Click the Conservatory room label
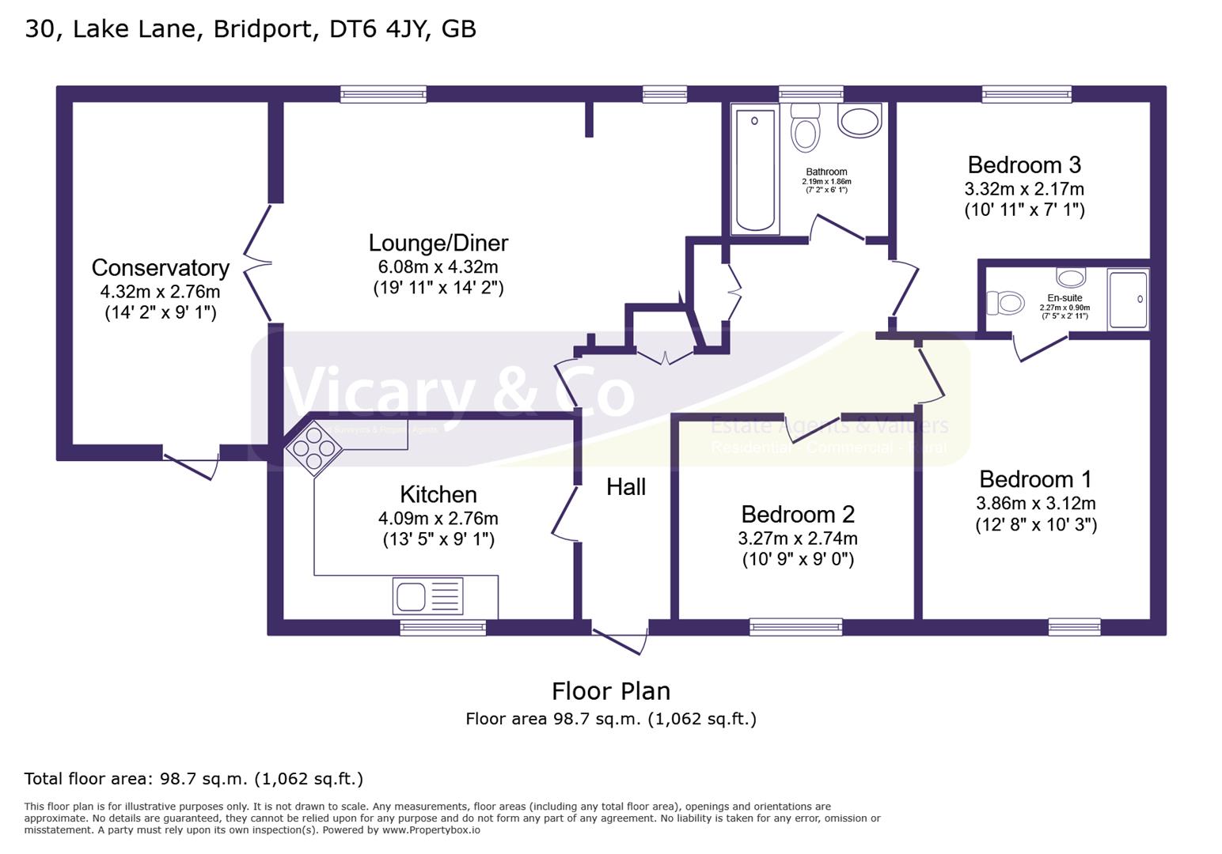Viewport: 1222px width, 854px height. tap(160, 268)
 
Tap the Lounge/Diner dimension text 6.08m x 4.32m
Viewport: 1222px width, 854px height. tap(438, 267)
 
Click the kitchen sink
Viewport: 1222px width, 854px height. tap(427, 596)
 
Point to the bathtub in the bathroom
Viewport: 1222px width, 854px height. tap(755, 170)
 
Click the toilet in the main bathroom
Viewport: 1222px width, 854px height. tap(806, 130)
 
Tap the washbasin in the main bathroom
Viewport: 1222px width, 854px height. tap(860, 122)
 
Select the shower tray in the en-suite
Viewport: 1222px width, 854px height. tap(1128, 300)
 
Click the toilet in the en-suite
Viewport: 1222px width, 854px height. tap(1005, 303)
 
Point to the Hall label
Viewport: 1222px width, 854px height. tap(626, 487)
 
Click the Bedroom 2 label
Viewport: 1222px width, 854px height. tap(798, 515)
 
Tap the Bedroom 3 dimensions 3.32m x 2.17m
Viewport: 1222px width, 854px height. tap(1024, 190)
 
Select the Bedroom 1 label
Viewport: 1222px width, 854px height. tap(1035, 479)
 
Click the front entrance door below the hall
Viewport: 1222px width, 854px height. tap(619, 640)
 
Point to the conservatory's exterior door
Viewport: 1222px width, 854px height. tap(191, 463)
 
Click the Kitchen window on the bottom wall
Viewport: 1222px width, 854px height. tap(442, 628)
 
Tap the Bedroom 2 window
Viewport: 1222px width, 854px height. tap(795, 628)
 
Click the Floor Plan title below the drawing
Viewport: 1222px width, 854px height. tap(611, 691)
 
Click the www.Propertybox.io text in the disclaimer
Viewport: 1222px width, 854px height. tap(431, 830)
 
